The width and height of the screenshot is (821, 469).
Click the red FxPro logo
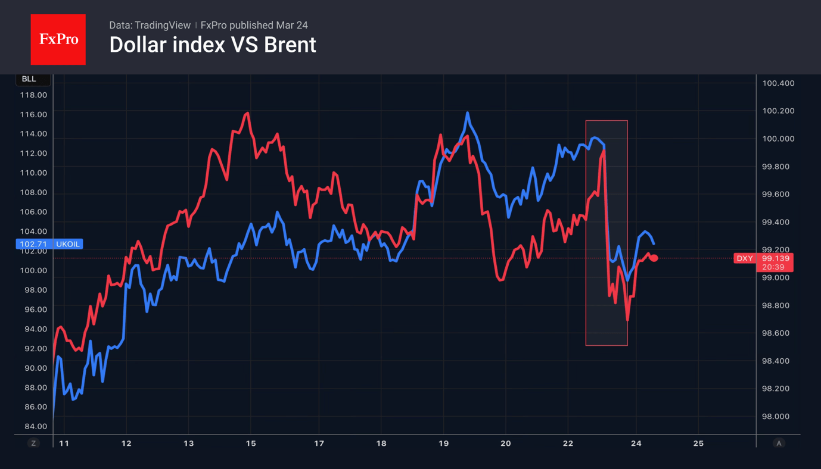(58, 39)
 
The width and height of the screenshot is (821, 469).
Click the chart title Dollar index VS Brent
(212, 45)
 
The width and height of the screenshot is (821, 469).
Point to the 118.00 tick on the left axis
(33, 95)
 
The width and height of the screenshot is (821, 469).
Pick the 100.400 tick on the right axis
(778, 83)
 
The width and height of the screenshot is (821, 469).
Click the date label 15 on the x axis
(251, 443)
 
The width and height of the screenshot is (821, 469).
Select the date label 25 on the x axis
(698, 443)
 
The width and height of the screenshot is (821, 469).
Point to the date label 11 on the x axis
(64, 443)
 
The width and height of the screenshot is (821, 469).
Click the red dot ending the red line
(654, 258)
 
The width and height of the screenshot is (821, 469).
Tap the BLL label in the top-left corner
(29, 79)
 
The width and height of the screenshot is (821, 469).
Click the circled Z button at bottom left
(33, 443)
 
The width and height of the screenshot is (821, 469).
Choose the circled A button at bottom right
(779, 443)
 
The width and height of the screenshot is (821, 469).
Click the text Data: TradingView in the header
(150, 26)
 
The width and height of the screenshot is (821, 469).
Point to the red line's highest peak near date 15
(247, 113)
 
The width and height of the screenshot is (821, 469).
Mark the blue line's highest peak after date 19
(468, 112)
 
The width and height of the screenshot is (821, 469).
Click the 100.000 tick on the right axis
(778, 139)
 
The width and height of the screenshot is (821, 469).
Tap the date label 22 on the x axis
(568, 443)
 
